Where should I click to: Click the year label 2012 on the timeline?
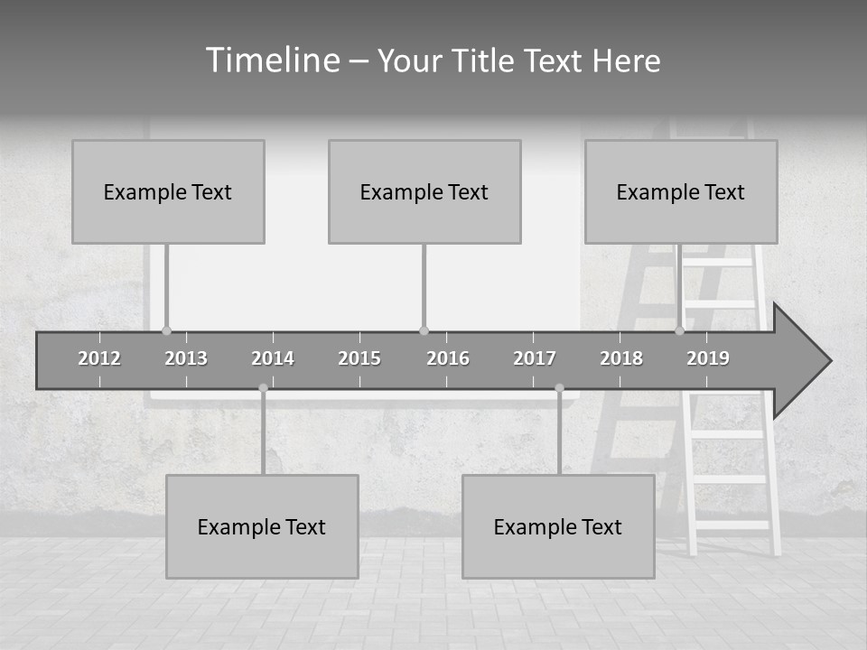tap(99, 358)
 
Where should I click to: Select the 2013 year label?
tap(186, 358)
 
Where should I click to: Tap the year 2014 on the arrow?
tap(273, 358)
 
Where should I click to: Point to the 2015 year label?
tap(359, 358)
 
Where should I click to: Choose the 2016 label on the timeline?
tap(448, 358)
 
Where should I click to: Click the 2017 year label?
tap(535, 358)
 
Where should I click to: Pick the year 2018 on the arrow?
tap(621, 358)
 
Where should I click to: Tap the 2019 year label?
tap(708, 358)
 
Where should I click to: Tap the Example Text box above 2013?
tap(168, 191)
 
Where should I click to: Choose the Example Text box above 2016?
tap(424, 191)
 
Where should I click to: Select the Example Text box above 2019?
tap(681, 191)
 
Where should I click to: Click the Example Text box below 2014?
tap(262, 526)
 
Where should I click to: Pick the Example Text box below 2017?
tap(558, 526)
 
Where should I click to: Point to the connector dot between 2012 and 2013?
tap(166, 330)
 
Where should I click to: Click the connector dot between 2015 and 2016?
tap(424, 330)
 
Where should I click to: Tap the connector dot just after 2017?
tap(559, 388)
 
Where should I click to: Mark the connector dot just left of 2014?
tap(263, 388)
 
